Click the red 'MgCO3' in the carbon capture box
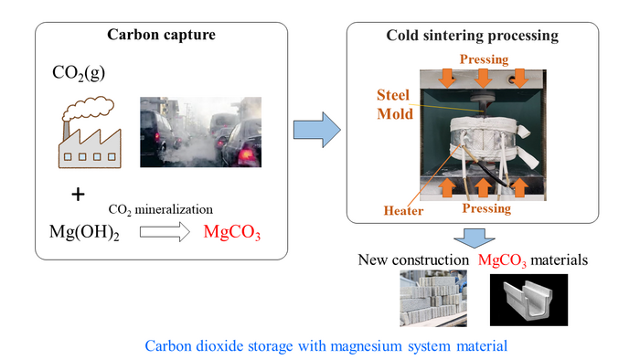(x=232, y=233)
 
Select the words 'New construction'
(x=414, y=261)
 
